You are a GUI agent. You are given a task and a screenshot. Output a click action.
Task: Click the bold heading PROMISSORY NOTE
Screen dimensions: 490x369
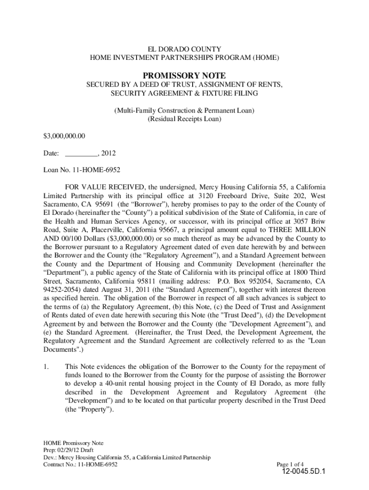(x=184, y=76)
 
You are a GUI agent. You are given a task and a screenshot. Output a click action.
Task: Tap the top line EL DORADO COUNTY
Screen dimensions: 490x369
(x=184, y=49)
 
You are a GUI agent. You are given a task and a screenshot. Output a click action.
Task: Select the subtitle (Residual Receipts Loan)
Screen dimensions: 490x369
(x=184, y=119)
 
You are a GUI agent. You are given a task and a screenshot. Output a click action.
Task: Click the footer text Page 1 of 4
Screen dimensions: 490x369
(x=290, y=464)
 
